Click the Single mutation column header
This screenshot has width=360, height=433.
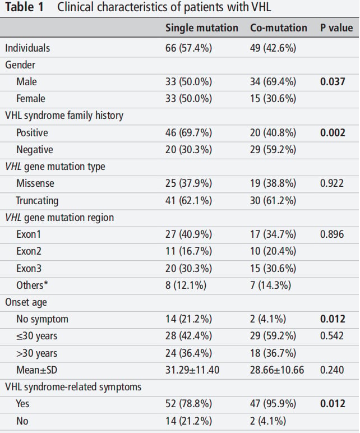coord(201,28)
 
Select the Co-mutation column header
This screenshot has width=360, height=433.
coord(279,28)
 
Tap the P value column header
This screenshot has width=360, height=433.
coord(336,28)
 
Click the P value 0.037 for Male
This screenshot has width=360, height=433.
coord(333,82)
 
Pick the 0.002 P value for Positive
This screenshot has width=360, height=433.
coord(333,133)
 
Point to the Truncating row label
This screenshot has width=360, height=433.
coord(37,201)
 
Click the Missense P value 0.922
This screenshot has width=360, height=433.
coord(331,183)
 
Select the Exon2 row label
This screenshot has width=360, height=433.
coord(29,251)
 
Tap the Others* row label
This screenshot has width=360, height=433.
coord(32,285)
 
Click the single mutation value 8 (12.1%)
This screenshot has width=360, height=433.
coord(186,285)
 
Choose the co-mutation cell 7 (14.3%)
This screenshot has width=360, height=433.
coord(270,285)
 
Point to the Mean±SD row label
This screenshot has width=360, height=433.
coord(36,370)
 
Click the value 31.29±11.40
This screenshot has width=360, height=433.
coord(192,370)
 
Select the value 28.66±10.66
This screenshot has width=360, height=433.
coord(277,370)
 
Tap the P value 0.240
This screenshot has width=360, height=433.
coord(332,370)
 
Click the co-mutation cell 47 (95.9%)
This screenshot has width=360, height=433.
coord(273,404)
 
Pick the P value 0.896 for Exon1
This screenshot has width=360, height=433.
coord(332,234)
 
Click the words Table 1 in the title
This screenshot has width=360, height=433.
coord(24,7)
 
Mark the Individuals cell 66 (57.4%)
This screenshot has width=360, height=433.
coord(188,48)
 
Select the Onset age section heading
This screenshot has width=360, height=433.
coord(26,302)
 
